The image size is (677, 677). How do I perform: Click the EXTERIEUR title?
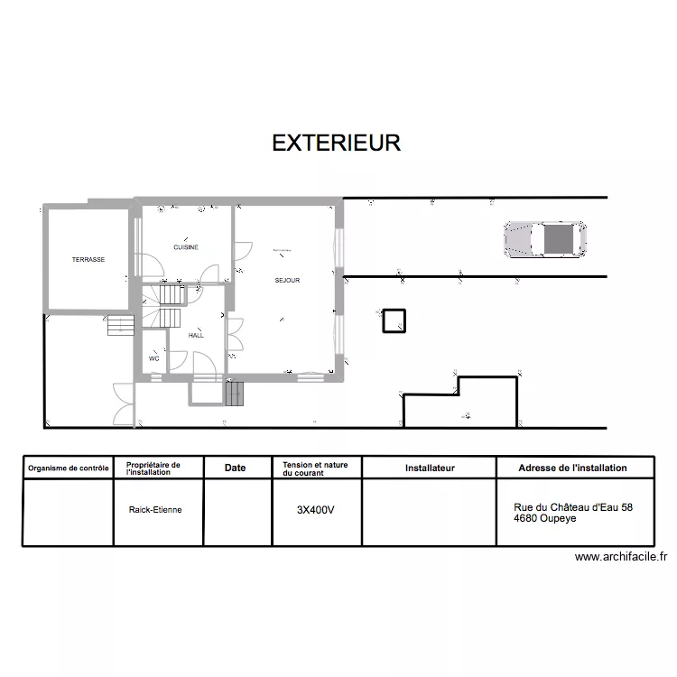point(336,144)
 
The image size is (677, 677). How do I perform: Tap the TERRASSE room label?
point(88,260)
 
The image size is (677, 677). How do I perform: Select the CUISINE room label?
point(186,247)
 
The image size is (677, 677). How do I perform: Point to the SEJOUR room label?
point(287,281)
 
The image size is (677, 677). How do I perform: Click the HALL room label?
point(196,335)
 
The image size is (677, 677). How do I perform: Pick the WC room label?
point(154,358)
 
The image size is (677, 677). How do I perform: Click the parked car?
point(545,239)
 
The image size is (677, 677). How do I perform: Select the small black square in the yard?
point(394,321)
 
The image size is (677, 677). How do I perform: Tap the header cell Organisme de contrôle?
point(69,468)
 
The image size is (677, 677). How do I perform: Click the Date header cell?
point(235,468)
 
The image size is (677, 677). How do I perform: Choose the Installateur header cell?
point(430,468)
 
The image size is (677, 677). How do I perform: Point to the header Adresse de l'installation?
point(572,468)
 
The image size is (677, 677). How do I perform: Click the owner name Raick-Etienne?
point(155,510)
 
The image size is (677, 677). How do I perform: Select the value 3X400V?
point(316,510)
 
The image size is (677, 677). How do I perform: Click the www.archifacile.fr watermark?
point(626,558)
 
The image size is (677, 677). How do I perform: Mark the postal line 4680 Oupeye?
point(545,519)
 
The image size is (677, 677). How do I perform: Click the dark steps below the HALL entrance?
point(235,394)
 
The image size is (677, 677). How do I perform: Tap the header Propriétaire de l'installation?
point(153,468)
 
